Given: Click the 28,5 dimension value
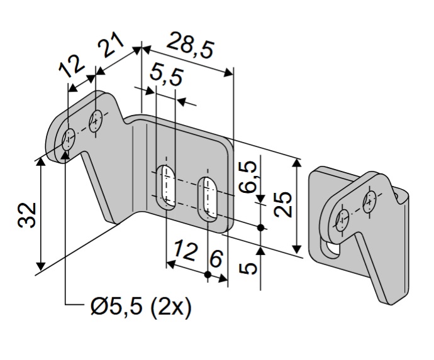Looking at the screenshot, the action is pyautogui.click(x=191, y=46).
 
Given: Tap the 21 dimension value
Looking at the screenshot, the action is pyautogui.click(x=111, y=45).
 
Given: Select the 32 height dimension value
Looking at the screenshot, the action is pyautogui.click(x=27, y=215).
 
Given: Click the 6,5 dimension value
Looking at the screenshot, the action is pyautogui.click(x=248, y=177).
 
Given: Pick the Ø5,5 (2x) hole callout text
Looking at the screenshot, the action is pyautogui.click(x=141, y=307).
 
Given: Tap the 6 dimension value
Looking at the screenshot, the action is pyautogui.click(x=216, y=259).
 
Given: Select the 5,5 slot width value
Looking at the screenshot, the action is pyautogui.click(x=166, y=76).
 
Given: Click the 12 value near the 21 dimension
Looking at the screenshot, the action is pyautogui.click(x=71, y=66).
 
